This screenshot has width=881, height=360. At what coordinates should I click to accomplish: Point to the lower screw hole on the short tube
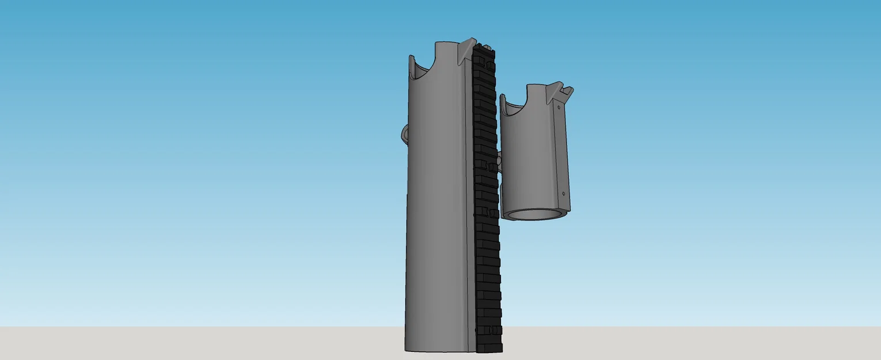[x=563, y=194]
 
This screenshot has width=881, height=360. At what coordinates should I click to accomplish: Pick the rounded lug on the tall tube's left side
[x=404, y=134]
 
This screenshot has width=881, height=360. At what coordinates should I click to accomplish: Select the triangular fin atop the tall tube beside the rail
[x=466, y=51]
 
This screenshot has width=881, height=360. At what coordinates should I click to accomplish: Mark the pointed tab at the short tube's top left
[x=503, y=100]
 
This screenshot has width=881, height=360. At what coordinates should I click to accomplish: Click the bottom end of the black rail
[x=490, y=348]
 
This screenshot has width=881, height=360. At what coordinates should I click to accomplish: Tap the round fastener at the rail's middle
[x=491, y=166]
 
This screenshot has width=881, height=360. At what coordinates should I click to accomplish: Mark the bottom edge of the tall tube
[x=438, y=350]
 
